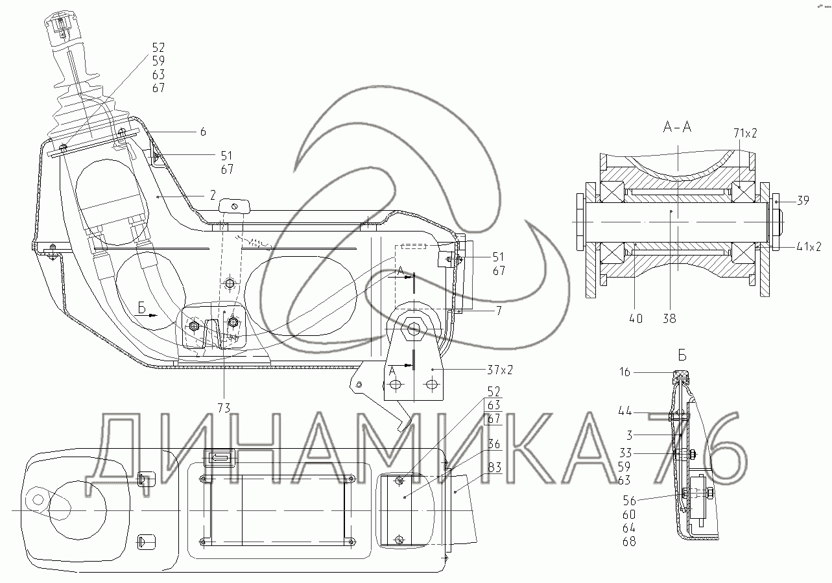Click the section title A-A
(677, 127)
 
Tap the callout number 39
(803, 200)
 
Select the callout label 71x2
(745, 133)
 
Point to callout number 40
(636, 318)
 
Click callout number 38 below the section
(669, 318)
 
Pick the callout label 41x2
(809, 246)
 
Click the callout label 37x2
(500, 370)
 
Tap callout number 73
(224, 408)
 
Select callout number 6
(203, 132)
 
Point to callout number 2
(213, 195)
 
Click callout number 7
(499, 311)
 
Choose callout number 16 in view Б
(624, 372)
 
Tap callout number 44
(624, 410)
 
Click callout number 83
(495, 467)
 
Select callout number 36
(494, 444)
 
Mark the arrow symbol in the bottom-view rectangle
(220, 458)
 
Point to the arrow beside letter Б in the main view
(151, 315)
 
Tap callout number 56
(630, 501)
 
